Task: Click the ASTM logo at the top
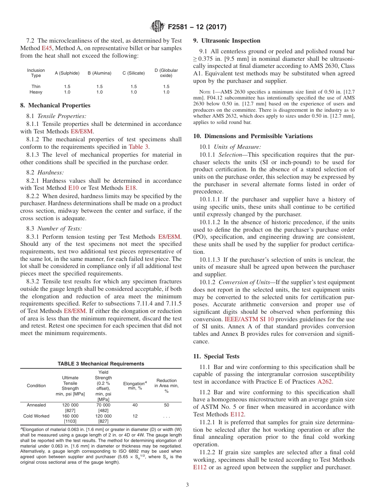pos(157,27)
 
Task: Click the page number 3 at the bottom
pos(187,485)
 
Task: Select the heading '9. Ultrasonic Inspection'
pos(227,41)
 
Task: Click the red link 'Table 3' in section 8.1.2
pos(139,147)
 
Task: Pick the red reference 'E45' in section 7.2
pos(47,48)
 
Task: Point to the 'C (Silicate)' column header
pos(134,73)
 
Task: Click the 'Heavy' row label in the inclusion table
pos(36,92)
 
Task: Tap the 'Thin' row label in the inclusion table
pos(36,86)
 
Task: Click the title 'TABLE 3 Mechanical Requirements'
pos(101,364)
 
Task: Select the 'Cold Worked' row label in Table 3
pos(36,416)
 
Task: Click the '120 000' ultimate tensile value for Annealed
pos(70,405)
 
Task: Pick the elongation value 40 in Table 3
pos(135,405)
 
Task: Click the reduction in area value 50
pos(167,405)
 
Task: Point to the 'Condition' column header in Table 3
pos(36,386)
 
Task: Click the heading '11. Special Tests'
pos(216,356)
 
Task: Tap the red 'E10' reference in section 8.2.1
pos(74,188)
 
